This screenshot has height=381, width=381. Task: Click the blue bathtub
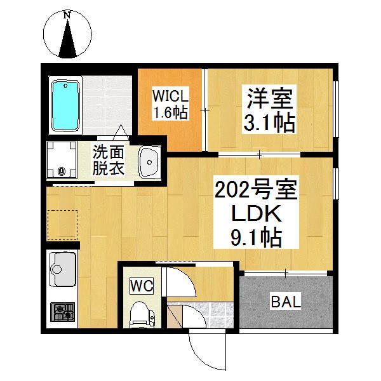click(65, 105)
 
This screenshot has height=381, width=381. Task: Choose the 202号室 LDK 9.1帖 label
click(256, 212)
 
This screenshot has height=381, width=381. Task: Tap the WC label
click(142, 286)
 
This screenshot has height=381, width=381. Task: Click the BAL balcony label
click(286, 302)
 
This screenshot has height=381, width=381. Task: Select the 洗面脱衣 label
click(109, 159)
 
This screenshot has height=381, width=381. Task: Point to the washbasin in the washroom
click(149, 163)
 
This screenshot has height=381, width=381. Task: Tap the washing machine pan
click(62, 159)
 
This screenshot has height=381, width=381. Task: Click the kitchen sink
click(63, 269)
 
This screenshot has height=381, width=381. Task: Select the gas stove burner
click(63, 312)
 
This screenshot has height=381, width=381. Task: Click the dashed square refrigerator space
click(62, 225)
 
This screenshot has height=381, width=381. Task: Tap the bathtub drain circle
click(65, 86)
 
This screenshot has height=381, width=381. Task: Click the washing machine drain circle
click(62, 171)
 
